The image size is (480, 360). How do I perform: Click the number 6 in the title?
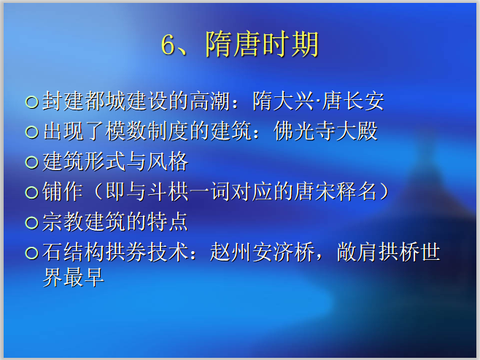tap(169, 45)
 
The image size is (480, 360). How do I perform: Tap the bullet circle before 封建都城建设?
tap(31, 101)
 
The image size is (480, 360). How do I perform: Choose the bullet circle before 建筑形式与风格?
tap(31, 162)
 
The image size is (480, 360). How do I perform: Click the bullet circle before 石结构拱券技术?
tap(31, 253)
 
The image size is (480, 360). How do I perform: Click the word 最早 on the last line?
tap(88, 277)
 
